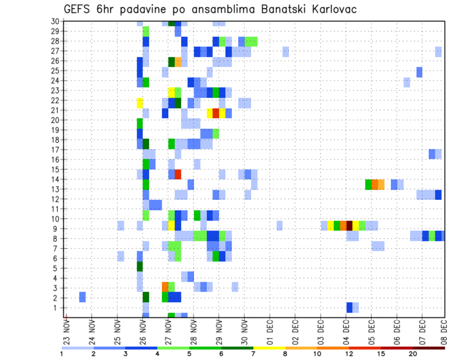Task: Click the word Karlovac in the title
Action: [x=326, y=9]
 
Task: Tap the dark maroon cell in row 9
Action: [x=349, y=225]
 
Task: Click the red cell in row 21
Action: [x=216, y=113]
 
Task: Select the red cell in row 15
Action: [x=178, y=174]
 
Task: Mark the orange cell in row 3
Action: [x=165, y=286]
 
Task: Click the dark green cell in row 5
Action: [x=140, y=267]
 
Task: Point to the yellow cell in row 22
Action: [x=140, y=103]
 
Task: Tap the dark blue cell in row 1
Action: [x=349, y=308]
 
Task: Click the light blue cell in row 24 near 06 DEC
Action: [x=407, y=82]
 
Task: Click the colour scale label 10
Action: [x=317, y=354]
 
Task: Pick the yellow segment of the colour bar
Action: [x=269, y=348]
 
